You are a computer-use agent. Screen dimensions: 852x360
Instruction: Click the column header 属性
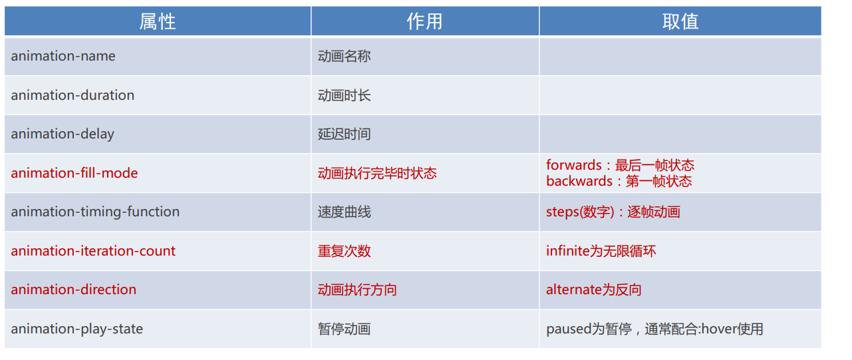(x=158, y=21)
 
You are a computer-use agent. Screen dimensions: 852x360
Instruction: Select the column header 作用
(x=425, y=21)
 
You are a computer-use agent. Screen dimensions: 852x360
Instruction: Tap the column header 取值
(x=680, y=21)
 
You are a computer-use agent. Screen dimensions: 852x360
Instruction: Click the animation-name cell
(x=63, y=57)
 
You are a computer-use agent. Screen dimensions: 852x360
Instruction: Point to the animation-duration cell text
(x=72, y=95)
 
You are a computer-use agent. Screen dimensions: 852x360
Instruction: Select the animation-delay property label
(x=63, y=134)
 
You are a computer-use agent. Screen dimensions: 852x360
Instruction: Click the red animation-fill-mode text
(x=74, y=173)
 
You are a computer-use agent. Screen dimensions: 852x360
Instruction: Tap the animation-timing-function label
(x=95, y=212)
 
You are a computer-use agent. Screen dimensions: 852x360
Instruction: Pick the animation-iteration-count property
(x=93, y=251)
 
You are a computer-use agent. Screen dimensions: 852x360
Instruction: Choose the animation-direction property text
(x=73, y=289)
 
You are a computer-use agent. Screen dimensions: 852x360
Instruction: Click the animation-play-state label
(x=77, y=329)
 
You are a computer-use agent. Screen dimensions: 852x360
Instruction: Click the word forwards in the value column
(x=574, y=165)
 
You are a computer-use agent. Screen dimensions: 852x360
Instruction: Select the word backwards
(x=579, y=181)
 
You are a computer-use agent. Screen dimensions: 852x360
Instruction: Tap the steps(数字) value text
(x=580, y=212)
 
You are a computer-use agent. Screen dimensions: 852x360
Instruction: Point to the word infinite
(x=568, y=251)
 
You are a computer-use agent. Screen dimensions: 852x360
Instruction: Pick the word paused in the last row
(x=568, y=329)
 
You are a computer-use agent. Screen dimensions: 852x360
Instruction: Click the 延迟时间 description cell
(x=345, y=134)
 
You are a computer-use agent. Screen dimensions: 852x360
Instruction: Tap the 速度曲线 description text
(x=345, y=212)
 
